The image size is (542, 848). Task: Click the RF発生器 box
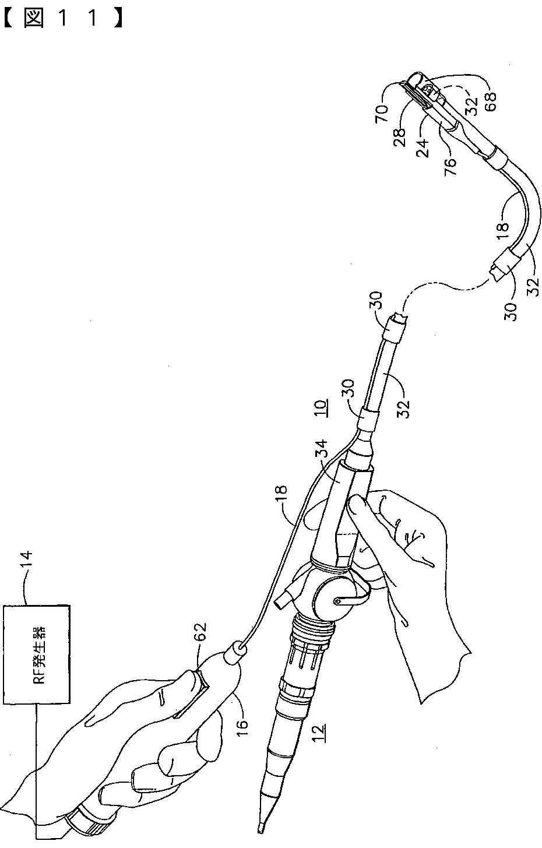point(37,654)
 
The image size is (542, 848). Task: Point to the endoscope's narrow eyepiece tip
point(261,825)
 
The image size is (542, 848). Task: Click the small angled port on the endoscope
point(282,600)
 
